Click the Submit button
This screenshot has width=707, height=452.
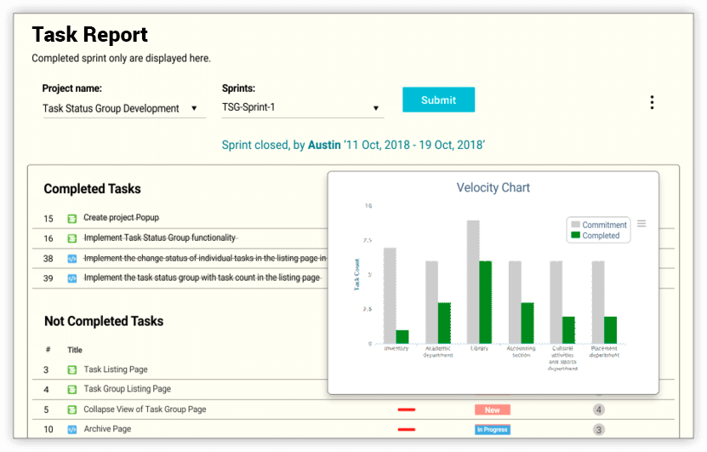pyautogui.click(x=438, y=100)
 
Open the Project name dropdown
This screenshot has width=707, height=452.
pyautogui.click(x=123, y=109)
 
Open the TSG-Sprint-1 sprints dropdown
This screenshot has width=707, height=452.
pyautogui.click(x=302, y=108)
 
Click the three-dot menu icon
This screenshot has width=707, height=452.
pyautogui.click(x=652, y=102)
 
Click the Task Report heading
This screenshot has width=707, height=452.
pyautogui.click(x=89, y=35)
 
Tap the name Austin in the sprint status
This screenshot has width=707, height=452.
pyautogui.click(x=323, y=146)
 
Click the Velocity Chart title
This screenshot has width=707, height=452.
pyautogui.click(x=493, y=187)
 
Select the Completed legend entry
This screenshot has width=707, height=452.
pyautogui.click(x=601, y=236)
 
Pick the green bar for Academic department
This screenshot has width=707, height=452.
pyautogui.click(x=444, y=323)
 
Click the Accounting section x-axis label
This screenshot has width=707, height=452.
pyautogui.click(x=521, y=352)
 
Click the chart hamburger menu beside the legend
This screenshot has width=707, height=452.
pyautogui.click(x=641, y=224)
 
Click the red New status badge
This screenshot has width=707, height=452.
pyautogui.click(x=492, y=410)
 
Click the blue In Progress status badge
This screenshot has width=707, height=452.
pyautogui.click(x=492, y=430)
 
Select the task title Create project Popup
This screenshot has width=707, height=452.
pyautogui.click(x=121, y=218)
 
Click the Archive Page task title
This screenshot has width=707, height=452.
pyautogui.click(x=107, y=429)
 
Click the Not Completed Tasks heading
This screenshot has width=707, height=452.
pyautogui.click(x=104, y=321)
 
